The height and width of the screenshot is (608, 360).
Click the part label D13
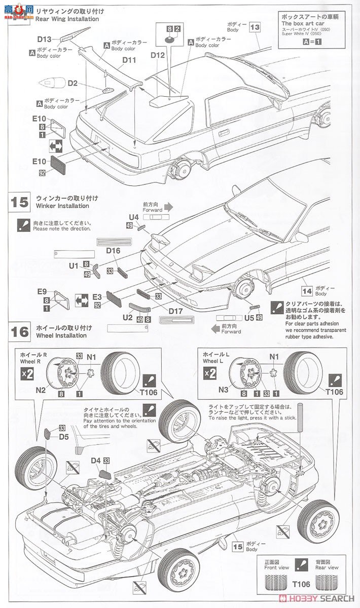click(x=44, y=40)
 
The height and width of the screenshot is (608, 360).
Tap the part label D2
click(x=72, y=83)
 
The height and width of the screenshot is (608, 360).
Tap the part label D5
click(x=63, y=436)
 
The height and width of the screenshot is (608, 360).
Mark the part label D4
click(x=96, y=461)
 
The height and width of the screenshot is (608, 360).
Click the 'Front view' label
click(x=277, y=568)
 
